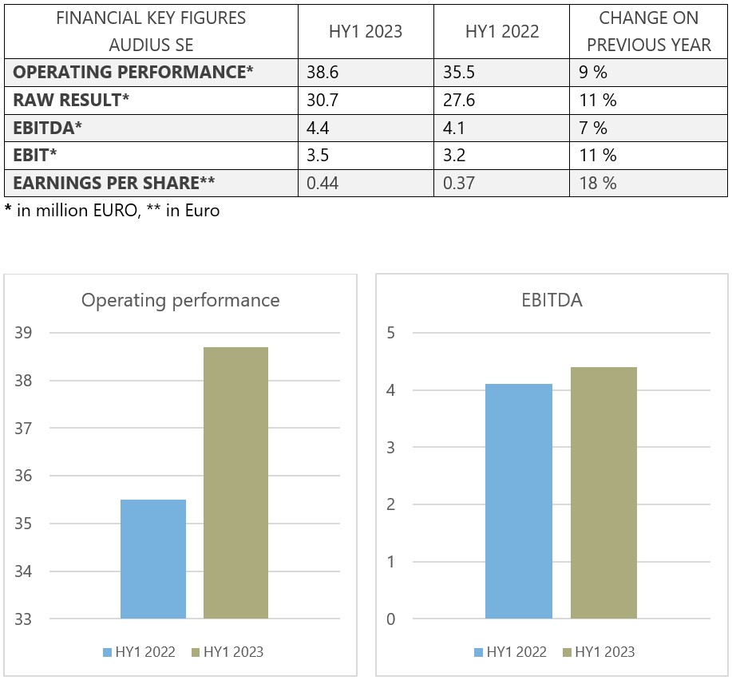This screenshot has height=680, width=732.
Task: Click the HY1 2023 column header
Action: pos(365,32)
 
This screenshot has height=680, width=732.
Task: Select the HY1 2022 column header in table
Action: pos(501,32)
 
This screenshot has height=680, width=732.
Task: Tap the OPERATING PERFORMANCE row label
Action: pos(133,73)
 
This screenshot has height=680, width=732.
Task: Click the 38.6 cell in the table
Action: pos(323,73)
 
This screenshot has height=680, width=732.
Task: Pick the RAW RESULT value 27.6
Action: pos(459,101)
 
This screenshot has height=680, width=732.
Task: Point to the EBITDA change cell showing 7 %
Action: pos(593,128)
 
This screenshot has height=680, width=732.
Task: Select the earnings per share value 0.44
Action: pos(323,184)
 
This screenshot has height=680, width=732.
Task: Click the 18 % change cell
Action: pos(598,184)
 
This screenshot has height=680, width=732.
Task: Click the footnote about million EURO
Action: pos(112,212)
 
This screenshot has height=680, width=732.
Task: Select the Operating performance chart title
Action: pos(180,300)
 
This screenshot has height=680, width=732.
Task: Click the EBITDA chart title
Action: pos(552,300)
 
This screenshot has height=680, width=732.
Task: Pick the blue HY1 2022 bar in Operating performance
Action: pos(153,559)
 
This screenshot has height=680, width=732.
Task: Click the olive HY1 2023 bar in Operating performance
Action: pos(235,483)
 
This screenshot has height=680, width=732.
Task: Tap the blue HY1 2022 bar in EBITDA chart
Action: pos(518,501)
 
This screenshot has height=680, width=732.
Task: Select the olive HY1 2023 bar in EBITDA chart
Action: pos(603,492)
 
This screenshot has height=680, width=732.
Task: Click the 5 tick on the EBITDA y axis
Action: pos(390,333)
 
